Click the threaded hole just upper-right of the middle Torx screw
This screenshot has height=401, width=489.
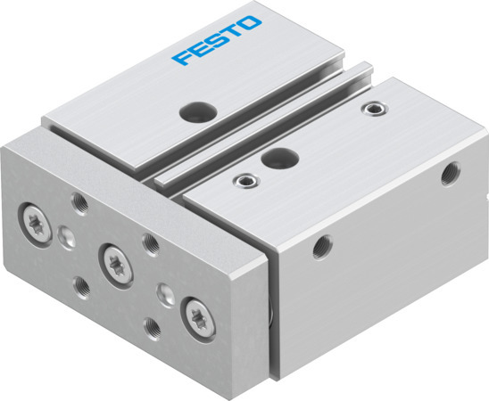(x=150, y=242)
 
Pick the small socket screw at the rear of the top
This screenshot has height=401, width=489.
(x=370, y=109)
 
